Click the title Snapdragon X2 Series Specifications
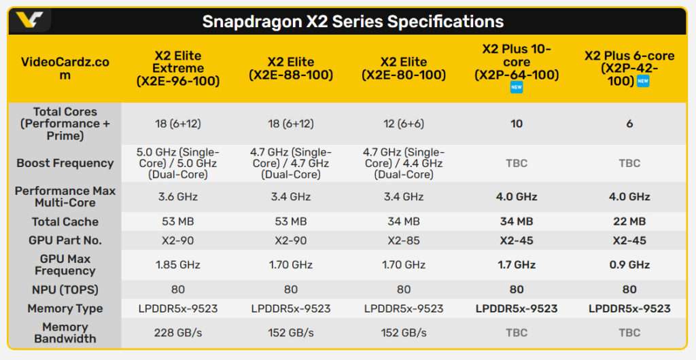[x=353, y=21]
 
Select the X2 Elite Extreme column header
[x=178, y=69]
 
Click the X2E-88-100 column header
[x=291, y=69]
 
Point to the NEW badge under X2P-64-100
[x=517, y=88]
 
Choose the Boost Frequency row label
[x=65, y=163]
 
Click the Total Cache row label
[x=65, y=221]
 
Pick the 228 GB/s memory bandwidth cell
[x=178, y=333]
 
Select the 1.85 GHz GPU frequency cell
[x=178, y=265]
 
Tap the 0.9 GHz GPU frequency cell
[x=629, y=265]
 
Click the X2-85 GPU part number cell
[x=404, y=240]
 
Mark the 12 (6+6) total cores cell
[x=404, y=124]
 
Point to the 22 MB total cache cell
[x=629, y=221]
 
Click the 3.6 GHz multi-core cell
[x=178, y=197]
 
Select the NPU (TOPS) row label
[x=65, y=289]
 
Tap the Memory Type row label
[x=65, y=308]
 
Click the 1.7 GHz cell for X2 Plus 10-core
[x=517, y=265]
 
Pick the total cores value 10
[x=517, y=124]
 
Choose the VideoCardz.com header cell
[x=65, y=69]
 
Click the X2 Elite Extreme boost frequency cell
[x=178, y=163]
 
